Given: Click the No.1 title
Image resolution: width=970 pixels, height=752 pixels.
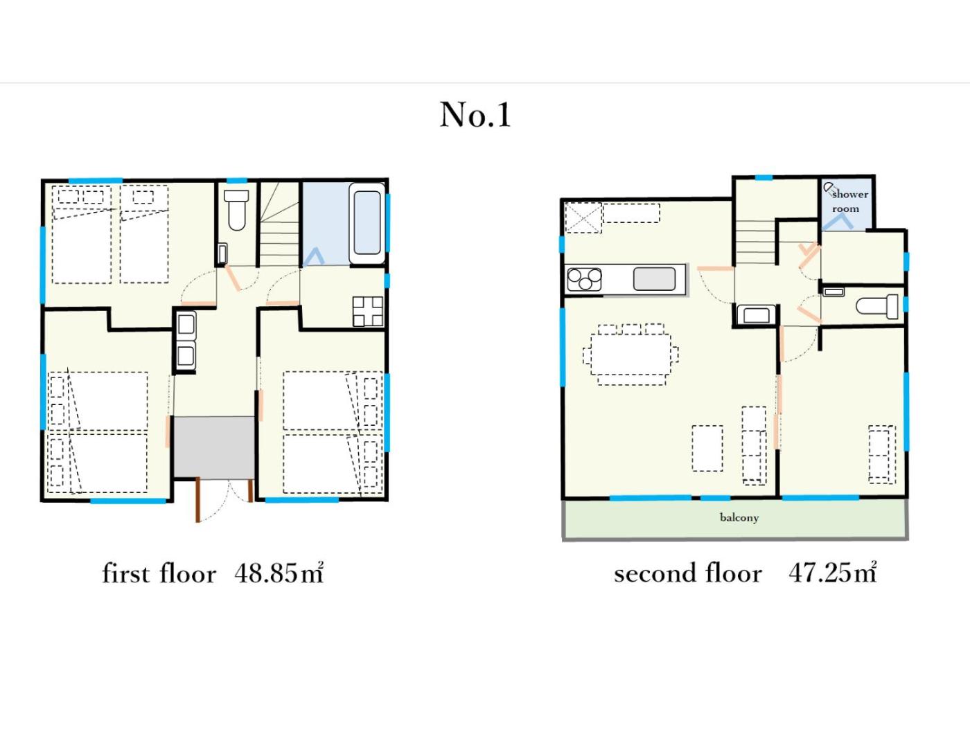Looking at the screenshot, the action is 475,115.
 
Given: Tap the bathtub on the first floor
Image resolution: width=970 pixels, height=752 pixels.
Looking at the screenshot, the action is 367,223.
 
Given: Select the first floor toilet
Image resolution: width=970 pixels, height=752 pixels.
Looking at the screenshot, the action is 236,210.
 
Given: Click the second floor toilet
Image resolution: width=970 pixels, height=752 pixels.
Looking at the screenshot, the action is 877,307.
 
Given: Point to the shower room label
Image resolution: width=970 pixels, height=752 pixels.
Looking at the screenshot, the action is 849,202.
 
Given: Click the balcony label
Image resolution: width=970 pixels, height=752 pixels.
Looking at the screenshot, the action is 739,517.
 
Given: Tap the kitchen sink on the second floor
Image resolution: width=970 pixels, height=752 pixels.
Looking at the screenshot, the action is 654,279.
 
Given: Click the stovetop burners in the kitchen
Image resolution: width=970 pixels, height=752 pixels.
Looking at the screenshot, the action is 584,280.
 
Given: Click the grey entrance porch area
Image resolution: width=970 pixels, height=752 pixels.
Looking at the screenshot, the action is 214,448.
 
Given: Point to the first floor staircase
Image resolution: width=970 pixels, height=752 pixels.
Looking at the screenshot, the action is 279,224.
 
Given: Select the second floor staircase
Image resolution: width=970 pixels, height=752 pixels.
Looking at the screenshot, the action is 755,242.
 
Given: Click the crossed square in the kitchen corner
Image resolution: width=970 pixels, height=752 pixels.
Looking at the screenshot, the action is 583,217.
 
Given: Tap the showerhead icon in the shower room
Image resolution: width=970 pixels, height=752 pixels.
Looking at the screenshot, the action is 829,188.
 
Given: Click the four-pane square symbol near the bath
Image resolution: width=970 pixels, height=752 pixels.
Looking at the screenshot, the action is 367,312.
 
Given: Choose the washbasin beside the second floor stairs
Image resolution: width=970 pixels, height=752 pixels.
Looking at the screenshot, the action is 756,314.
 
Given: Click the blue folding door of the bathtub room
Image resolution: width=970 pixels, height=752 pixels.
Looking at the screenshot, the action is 315,257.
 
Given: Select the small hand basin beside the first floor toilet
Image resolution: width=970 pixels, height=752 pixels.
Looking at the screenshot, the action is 222,254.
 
